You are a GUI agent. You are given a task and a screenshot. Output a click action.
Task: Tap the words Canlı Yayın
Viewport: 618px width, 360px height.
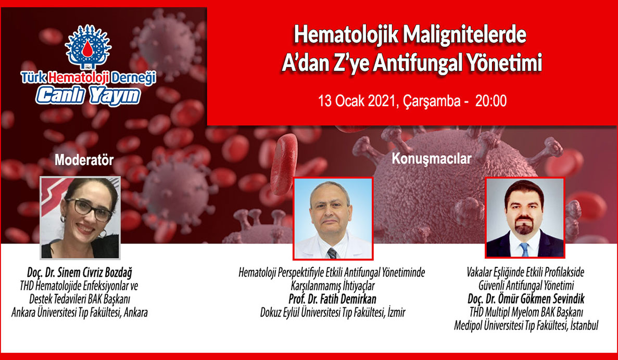click(x=88, y=96)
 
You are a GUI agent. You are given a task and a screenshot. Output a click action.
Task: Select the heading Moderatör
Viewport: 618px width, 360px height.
click(x=84, y=160)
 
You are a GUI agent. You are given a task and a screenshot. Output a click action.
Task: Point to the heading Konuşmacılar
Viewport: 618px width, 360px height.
click(x=431, y=159)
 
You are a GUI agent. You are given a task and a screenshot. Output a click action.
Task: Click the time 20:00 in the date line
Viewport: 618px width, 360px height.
click(x=490, y=101)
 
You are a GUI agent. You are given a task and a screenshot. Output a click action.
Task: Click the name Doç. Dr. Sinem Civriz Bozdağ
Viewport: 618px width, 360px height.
click(x=80, y=273)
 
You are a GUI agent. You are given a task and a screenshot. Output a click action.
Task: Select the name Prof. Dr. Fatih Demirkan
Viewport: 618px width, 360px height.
click(x=332, y=299)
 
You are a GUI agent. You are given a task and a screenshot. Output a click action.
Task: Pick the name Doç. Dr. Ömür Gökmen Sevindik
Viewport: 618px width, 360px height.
click(x=526, y=299)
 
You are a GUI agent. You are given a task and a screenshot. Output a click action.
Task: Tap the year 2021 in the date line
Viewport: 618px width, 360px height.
click(x=381, y=101)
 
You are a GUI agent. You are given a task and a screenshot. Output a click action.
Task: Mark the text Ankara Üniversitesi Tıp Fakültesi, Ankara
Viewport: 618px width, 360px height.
click(x=80, y=313)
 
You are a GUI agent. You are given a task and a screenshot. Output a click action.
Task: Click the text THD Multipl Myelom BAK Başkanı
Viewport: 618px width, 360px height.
click(x=526, y=312)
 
